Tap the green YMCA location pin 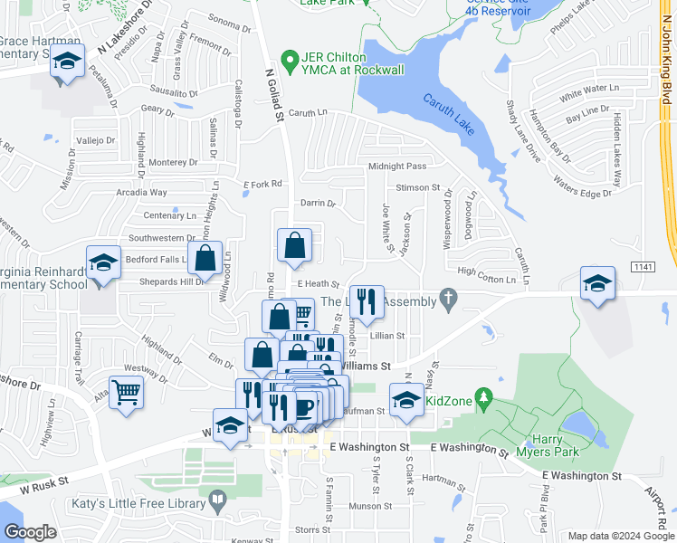[290, 62]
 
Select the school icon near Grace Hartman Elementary [67, 62]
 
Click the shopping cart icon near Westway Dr [127, 393]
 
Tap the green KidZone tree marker [484, 397]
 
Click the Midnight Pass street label [396, 167]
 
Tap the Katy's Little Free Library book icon [217, 499]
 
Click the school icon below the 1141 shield [597, 283]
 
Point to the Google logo [30, 532]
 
